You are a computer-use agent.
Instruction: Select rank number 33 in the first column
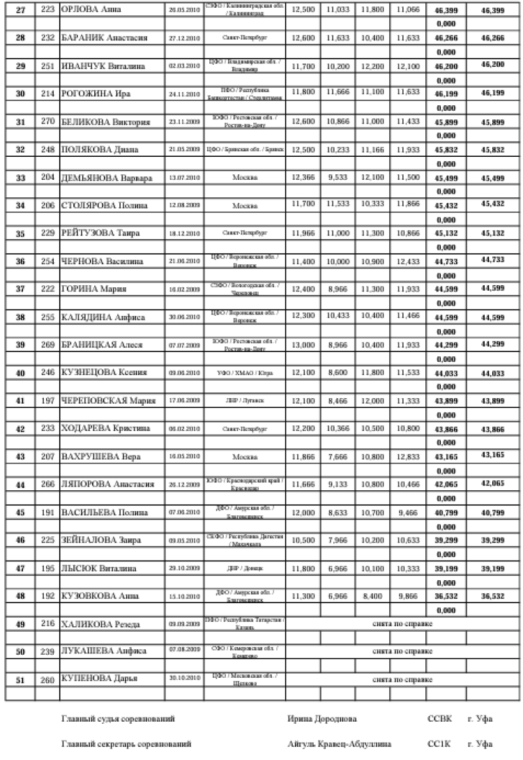(20, 177)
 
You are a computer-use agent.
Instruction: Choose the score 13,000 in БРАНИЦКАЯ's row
(302, 344)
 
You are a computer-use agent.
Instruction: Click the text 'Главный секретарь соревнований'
(126, 745)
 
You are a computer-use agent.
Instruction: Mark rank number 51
(20, 679)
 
